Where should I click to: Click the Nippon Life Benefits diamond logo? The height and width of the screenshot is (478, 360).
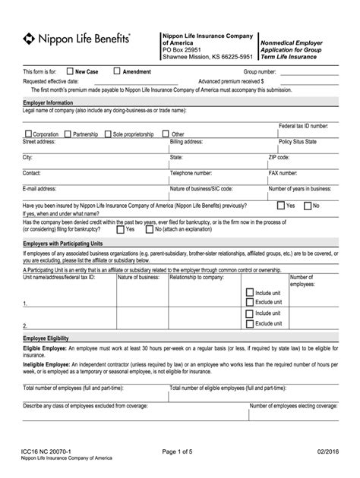pos(29,38)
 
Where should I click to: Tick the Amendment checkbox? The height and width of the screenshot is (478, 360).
pos(116,71)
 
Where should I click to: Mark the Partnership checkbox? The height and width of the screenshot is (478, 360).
pos(68,134)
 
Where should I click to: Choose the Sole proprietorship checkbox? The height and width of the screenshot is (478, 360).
pos(108,134)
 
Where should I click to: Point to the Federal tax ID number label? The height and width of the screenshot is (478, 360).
pos(303,125)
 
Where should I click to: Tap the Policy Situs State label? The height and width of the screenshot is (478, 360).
pos(297,142)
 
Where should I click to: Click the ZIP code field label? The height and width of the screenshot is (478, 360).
pos(279,157)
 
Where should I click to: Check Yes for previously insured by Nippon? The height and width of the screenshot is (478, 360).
pos(281,205)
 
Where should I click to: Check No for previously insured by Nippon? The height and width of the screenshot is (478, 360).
pos(307,205)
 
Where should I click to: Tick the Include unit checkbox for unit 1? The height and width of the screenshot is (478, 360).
pos(249,292)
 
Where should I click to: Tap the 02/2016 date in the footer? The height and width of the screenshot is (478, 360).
pos(324,451)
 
